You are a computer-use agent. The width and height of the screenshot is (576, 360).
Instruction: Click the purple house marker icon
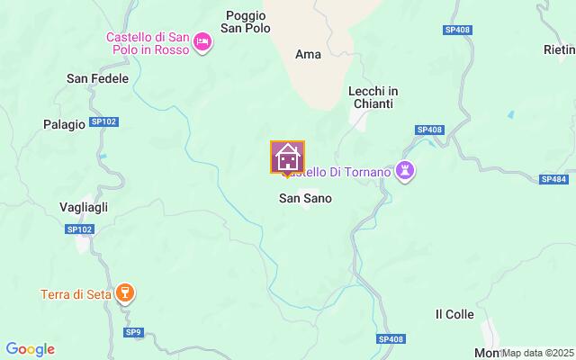click(288, 158)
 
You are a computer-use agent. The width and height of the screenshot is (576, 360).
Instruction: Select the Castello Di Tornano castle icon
click(406, 171)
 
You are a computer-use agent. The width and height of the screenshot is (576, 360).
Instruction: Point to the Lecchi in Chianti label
click(373, 97)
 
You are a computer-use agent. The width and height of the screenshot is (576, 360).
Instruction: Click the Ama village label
click(308, 54)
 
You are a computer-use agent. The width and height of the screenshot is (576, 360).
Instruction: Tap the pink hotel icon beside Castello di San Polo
click(202, 41)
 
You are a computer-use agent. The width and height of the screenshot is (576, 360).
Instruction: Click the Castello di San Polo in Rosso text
click(147, 43)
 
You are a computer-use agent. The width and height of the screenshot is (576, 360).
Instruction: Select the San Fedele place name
click(97, 78)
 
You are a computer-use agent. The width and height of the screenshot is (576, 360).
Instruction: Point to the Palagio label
click(64, 123)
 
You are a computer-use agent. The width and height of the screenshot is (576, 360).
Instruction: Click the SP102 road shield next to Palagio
click(104, 122)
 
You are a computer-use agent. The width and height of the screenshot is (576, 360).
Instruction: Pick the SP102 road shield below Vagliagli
click(79, 229)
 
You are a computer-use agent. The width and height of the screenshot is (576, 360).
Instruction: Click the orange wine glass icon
click(127, 293)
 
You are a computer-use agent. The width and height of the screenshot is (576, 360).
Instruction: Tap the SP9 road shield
click(133, 332)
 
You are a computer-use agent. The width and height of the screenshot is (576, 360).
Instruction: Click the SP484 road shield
click(553, 179)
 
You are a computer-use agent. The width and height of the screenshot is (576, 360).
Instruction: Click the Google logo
click(30, 349)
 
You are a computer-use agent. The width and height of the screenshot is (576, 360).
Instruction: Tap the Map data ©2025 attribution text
click(538, 353)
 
